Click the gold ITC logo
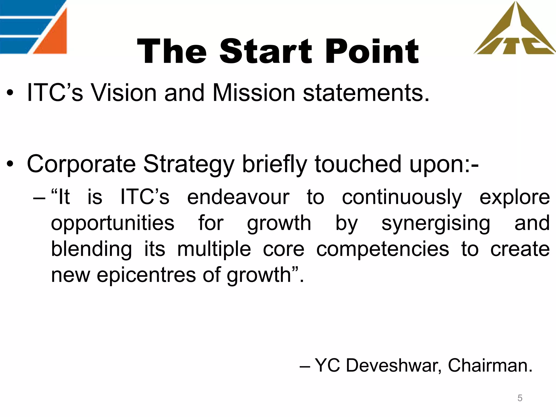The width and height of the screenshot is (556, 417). tap(514, 33)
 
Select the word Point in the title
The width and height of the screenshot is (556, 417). tap(372, 52)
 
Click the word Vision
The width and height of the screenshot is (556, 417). tap(124, 93)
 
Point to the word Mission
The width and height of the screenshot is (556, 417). tap(254, 93)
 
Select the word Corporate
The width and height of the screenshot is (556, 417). tap(81, 165)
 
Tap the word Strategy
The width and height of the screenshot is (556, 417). tap(189, 165)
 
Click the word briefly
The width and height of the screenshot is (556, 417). tap(274, 165)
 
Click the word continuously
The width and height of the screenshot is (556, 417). tap(402, 198)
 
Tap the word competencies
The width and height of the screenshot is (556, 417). tap(383, 249)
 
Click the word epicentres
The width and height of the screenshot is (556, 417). tap(146, 275)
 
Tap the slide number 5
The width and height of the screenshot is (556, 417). tap(520, 398)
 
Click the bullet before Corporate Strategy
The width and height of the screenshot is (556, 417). tap(10, 164)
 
